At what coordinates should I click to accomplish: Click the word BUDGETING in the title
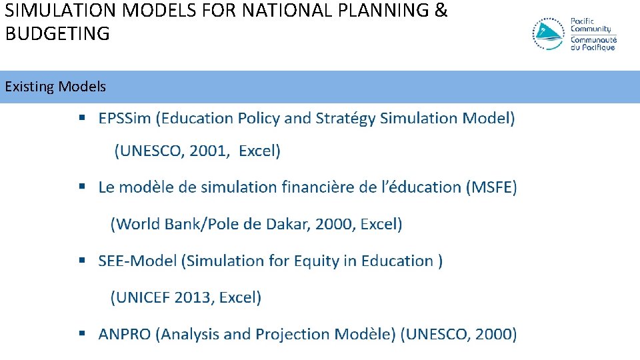[57, 34]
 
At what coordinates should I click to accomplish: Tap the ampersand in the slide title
[441, 11]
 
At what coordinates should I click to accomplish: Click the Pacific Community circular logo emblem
[549, 35]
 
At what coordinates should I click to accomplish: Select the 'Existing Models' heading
[55, 87]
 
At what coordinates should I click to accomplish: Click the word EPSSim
[125, 119]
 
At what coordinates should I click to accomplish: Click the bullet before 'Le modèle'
[83, 187]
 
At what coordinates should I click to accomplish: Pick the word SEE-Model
[137, 261]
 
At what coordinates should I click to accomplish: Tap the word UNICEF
[143, 297]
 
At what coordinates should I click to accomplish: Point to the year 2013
[193, 297]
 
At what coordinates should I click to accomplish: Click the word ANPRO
[125, 334]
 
